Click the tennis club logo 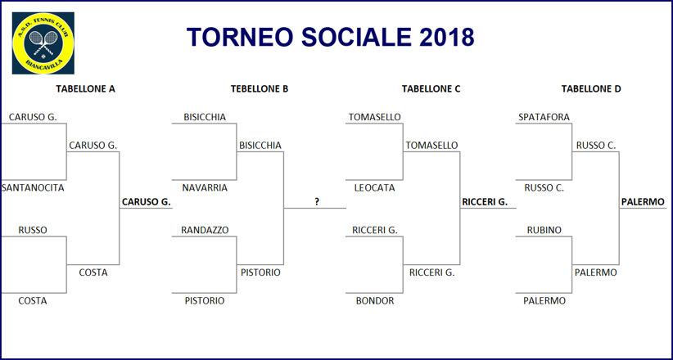pos(43,43)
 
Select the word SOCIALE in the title pos(356,37)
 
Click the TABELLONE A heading pos(85,89)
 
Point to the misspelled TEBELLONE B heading pos(260,89)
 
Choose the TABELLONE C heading pos(431,89)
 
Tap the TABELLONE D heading pos(591,89)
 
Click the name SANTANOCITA pos(33,188)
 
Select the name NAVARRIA pos(205,188)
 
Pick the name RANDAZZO pos(205,231)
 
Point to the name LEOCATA pos(374,188)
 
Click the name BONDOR pos(375,301)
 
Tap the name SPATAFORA pos(544,117)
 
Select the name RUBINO pos(544,231)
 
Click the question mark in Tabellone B pos(317,202)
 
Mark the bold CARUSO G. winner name pos(147,202)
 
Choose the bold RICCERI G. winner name pos(485,202)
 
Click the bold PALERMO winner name pos(643,202)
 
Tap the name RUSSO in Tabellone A pos(33,231)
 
